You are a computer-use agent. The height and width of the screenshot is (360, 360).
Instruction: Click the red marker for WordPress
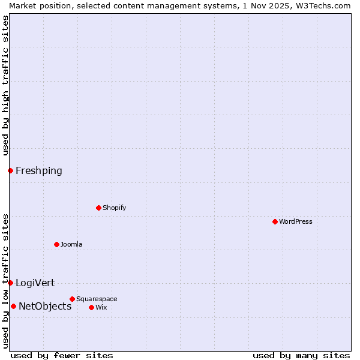275,221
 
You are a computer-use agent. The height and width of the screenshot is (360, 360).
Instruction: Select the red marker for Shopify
98,208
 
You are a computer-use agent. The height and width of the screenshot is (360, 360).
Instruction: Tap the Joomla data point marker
56,244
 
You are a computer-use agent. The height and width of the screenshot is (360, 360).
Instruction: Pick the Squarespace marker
72,299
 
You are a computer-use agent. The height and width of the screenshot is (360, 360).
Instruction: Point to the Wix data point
91,307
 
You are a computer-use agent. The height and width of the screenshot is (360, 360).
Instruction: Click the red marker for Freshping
10,170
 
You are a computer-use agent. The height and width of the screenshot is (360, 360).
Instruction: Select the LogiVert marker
10,283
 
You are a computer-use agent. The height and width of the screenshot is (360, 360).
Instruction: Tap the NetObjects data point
13,306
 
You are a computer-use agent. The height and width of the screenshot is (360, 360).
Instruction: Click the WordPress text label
296,221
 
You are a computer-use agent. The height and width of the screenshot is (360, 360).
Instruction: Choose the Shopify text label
114,208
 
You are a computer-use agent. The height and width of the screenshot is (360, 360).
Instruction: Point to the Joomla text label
71,244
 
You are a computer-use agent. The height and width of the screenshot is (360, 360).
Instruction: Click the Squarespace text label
97,299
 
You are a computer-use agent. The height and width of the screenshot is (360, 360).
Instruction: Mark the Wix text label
101,307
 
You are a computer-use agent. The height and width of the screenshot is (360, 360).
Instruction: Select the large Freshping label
39,170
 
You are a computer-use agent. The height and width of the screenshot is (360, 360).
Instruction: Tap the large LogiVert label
35,283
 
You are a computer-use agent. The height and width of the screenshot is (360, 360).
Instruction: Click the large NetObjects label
45,306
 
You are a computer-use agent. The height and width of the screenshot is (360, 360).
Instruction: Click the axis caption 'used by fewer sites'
62,355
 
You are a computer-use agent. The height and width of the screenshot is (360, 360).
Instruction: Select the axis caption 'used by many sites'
301,355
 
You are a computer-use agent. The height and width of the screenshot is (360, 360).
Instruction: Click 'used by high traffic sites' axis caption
5,85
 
